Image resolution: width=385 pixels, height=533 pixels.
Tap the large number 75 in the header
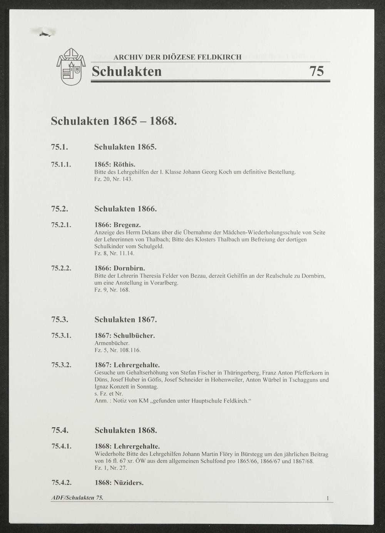(316, 72)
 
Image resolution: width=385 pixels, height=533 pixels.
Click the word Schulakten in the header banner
(127, 72)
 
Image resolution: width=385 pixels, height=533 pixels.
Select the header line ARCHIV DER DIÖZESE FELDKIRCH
(177, 57)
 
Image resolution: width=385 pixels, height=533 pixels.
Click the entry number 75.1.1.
(62, 164)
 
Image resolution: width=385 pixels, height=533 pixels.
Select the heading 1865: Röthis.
(115, 164)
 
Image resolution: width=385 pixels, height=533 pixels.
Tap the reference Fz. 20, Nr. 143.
(113, 179)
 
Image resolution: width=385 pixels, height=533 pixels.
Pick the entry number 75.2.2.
(62, 268)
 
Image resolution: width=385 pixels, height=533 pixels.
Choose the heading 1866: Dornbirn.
(119, 268)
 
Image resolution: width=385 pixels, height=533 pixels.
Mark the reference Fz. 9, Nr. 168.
(112, 290)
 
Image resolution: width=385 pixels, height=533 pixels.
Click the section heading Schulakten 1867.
(126, 319)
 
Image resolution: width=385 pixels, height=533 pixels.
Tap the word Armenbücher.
(112, 343)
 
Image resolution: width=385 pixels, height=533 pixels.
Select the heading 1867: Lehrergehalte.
(127, 365)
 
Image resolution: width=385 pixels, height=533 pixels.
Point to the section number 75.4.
(60, 430)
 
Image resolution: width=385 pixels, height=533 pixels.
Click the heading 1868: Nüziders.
(119, 483)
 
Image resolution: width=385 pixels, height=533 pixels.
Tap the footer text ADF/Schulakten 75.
(77, 498)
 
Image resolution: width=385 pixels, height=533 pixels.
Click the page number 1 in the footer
(328, 498)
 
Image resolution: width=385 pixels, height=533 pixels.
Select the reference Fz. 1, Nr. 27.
(110, 468)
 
